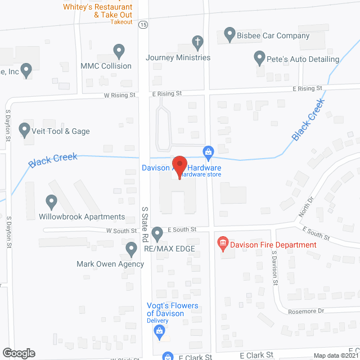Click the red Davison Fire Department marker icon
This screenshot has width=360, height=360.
pyautogui.click(x=223, y=244)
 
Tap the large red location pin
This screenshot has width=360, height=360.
pyautogui.click(x=179, y=166)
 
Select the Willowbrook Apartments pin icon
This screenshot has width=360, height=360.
pyautogui.click(x=51, y=201)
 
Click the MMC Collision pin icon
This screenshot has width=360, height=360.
pyautogui.click(x=119, y=51)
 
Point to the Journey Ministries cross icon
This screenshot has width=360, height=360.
pyautogui.click(x=197, y=42)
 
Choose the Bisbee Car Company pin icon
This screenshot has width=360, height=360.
pyautogui.click(x=229, y=35)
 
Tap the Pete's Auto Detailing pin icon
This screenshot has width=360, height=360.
pyautogui.click(x=259, y=57)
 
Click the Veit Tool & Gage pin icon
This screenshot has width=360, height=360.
pyautogui.click(x=25, y=130)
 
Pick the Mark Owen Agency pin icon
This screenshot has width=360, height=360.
pyautogui.click(x=132, y=248)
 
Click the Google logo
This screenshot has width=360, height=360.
pyautogui.click(x=19, y=353)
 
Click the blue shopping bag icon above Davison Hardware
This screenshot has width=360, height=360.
pyautogui.click(x=208, y=151)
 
